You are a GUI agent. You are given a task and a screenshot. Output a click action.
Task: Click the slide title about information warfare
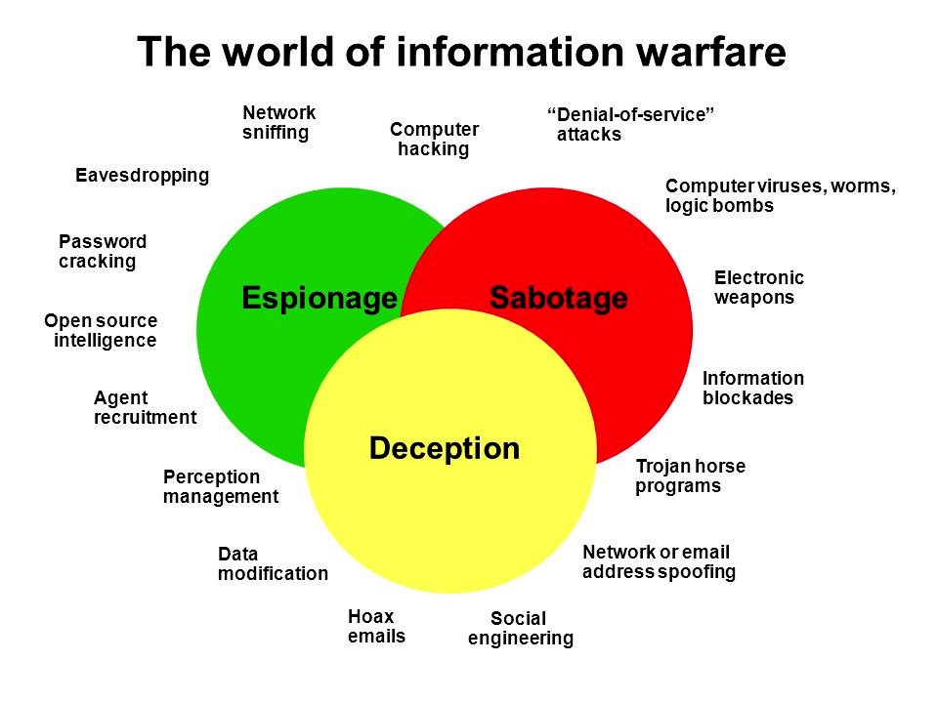461,52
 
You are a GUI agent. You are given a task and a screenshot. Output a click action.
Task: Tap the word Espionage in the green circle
320,298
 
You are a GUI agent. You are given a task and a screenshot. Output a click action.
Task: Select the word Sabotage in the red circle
558,298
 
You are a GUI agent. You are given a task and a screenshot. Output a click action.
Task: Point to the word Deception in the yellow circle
445,448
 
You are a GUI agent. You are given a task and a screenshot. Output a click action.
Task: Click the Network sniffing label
278,123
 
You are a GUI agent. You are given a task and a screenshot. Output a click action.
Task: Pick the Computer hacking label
434,140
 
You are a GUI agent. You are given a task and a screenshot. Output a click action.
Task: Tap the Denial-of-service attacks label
629,125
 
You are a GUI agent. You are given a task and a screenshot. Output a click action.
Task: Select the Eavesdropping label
143,176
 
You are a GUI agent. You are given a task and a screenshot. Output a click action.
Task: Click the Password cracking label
102,252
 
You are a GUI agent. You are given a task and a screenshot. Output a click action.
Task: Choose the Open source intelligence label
101,331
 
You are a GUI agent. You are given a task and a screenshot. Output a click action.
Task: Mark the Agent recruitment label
144,408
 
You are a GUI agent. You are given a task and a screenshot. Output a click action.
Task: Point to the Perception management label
220,486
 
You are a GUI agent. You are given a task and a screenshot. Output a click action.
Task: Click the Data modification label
273,564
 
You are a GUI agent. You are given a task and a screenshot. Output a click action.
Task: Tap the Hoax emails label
375,627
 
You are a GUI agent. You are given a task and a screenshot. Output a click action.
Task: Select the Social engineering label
520,629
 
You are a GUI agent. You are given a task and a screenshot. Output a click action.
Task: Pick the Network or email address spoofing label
658,562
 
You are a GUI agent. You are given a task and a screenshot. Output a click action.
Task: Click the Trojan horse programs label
689,476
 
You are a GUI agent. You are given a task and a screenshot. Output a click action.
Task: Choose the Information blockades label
752,388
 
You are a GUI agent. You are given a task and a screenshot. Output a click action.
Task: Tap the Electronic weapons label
758,288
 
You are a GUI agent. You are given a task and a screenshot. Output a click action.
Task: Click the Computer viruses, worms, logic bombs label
780,196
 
